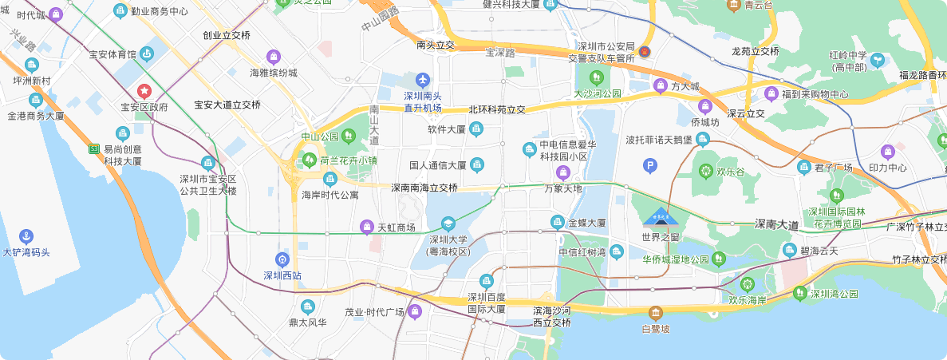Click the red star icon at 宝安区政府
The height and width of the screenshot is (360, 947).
click(x=144, y=92)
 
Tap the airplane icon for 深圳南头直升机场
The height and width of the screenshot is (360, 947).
click(x=422, y=80)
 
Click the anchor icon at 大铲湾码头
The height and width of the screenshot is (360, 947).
click(x=26, y=236)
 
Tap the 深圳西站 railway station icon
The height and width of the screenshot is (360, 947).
click(x=281, y=259)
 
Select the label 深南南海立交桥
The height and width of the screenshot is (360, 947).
click(x=424, y=188)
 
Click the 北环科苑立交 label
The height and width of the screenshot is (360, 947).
click(x=497, y=109)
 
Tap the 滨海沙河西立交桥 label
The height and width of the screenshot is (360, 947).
click(x=551, y=316)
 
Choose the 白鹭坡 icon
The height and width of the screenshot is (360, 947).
click(x=656, y=313)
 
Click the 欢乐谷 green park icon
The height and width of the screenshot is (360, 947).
click(x=705, y=170)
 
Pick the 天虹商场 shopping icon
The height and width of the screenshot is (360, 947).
click(x=367, y=227)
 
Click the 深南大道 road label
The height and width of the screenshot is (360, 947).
click(x=776, y=226)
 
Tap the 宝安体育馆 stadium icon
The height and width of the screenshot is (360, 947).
click(x=147, y=54)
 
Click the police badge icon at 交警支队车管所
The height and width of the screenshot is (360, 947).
click(x=645, y=53)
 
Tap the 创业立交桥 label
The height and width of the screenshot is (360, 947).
click(x=227, y=36)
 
